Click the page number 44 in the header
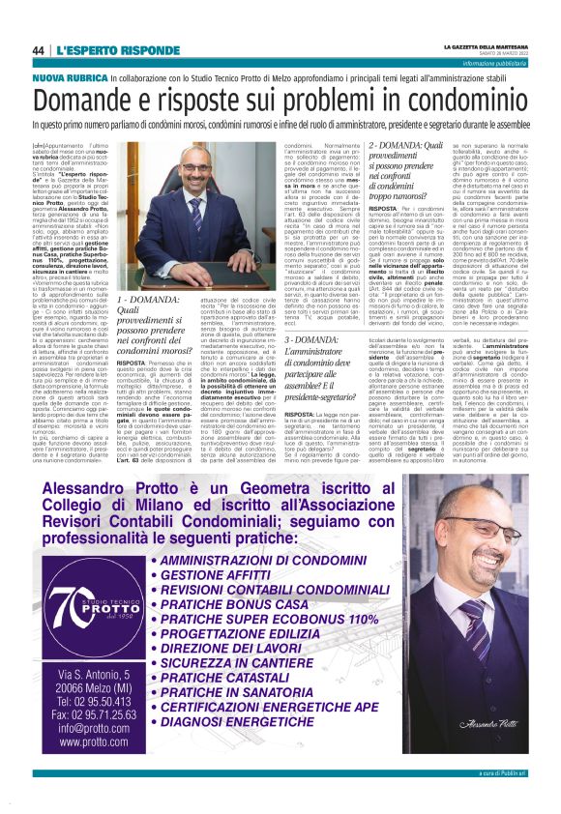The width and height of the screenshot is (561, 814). [38, 50]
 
